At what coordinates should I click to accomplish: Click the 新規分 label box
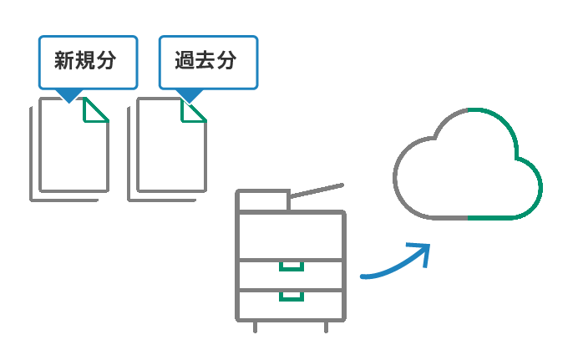tap(87, 61)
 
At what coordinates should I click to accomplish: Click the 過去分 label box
tap(208, 61)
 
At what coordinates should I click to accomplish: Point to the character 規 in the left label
tap(86, 61)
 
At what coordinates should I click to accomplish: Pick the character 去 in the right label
tap(207, 61)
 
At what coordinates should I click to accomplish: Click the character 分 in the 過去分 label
tap(229, 61)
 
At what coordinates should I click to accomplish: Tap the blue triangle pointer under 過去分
tap(190, 94)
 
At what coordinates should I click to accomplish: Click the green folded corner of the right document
tap(194, 110)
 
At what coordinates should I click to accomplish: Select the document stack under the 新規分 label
tap(71, 150)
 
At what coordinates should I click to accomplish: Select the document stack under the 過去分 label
tap(169, 150)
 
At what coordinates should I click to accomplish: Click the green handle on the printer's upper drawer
tap(291, 266)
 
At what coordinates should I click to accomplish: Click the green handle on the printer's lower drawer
tap(291, 296)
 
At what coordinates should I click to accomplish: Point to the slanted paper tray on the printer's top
tap(316, 190)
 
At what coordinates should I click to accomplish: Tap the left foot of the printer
tap(255, 327)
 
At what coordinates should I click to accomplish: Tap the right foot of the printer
tap(327, 327)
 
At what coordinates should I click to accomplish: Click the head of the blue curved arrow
tap(421, 251)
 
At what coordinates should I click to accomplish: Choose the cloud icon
tap(468, 167)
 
